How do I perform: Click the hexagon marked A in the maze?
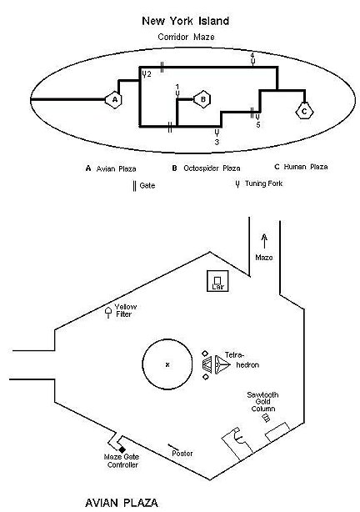point(113,99)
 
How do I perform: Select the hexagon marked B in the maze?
point(202,99)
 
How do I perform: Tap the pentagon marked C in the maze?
point(304,112)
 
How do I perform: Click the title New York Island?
point(186,21)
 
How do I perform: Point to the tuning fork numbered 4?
point(252,61)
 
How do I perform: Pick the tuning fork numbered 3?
point(217,133)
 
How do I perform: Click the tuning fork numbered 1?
point(177,94)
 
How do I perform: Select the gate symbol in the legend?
point(134,185)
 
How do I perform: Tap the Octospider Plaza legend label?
point(212,168)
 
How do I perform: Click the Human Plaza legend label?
point(306,167)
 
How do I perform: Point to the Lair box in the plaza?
point(218,280)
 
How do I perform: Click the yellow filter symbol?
point(108,312)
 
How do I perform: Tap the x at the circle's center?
point(167,364)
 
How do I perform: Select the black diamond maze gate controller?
point(122,450)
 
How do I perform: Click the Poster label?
point(182,454)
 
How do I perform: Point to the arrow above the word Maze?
point(265,241)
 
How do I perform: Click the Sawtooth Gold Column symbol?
point(267,418)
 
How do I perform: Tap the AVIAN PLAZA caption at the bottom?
point(122,503)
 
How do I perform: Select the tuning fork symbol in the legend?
point(237,184)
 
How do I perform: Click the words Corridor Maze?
point(186,37)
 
